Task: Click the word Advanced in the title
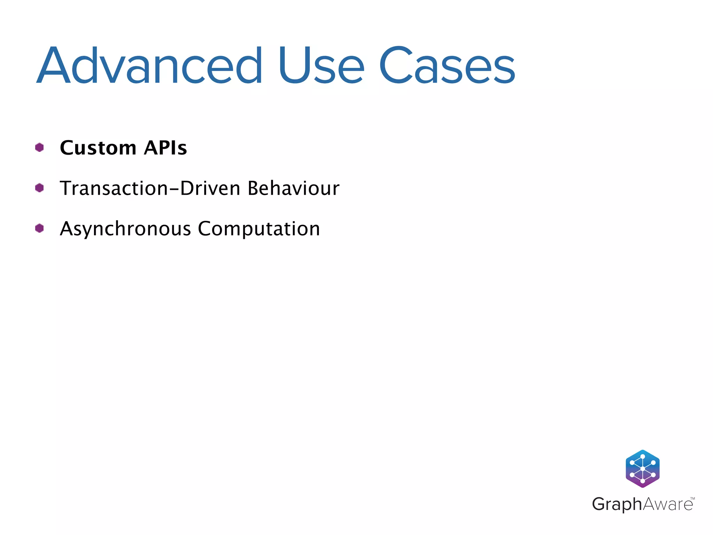150,66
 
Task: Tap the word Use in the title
321,66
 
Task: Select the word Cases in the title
447,66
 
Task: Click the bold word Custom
98,148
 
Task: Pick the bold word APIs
165,148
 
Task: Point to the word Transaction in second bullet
114,188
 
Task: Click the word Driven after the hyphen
210,188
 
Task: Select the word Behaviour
293,188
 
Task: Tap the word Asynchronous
126,229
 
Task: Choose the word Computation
259,229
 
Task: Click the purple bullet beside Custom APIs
39,148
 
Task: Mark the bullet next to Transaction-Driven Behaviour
39,188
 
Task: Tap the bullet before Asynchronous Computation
39,228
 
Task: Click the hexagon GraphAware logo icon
643,468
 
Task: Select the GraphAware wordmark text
643,504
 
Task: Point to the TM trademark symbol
692,499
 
